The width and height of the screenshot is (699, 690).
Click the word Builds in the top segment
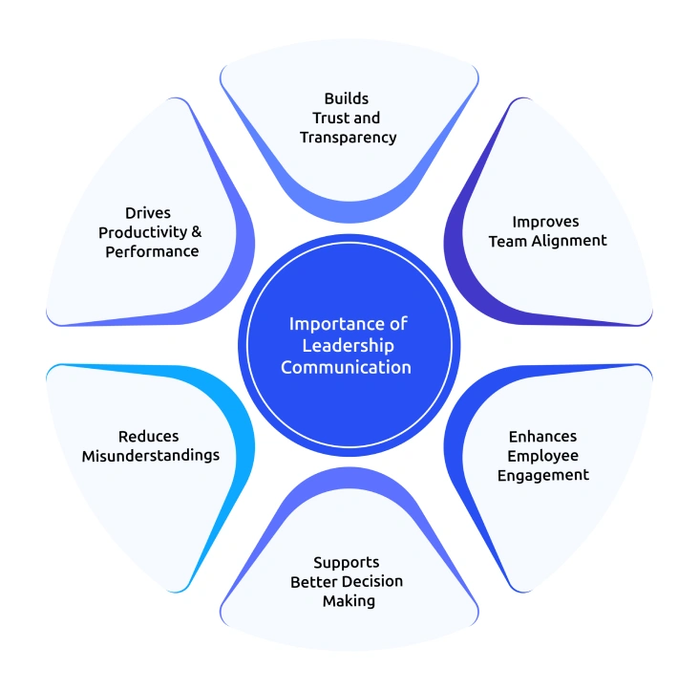click(346, 98)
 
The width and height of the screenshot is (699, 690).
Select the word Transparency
click(348, 137)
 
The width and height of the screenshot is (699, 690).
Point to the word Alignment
click(568, 240)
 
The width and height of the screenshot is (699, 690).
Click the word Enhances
click(542, 437)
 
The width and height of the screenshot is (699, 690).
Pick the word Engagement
click(542, 475)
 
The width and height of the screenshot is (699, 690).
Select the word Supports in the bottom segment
click(347, 562)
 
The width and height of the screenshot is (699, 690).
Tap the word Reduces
click(148, 436)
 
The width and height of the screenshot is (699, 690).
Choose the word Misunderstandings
click(150, 455)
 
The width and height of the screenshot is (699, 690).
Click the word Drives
click(148, 212)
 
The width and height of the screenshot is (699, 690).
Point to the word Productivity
click(143, 232)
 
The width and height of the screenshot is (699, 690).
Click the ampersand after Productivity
click(197, 232)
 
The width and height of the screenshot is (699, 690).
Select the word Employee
click(542, 456)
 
